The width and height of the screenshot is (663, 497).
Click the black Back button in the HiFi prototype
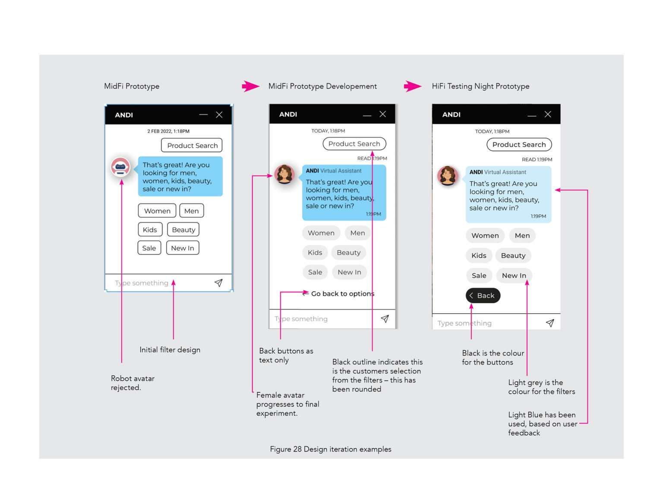coord(483,296)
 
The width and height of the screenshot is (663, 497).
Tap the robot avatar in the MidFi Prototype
coord(120,167)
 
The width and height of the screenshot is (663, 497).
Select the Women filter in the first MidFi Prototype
coord(157,211)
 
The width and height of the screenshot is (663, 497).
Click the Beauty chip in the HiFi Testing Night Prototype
coord(513,255)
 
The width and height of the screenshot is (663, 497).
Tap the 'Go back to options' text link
coord(342,294)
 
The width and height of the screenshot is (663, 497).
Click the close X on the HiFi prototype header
coord(548,114)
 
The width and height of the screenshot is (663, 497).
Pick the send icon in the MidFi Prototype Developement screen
coord(385,319)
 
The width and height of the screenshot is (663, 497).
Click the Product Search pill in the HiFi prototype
coord(519,145)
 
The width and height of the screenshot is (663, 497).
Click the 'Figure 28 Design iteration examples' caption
coord(331,449)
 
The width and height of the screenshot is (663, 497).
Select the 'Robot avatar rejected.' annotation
coord(133,383)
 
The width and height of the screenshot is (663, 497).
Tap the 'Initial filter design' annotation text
coord(170,350)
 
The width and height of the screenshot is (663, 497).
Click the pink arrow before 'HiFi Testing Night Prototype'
coord(412,86)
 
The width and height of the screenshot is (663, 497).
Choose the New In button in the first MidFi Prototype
coord(182,248)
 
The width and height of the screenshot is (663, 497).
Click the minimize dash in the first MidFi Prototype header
coord(203,115)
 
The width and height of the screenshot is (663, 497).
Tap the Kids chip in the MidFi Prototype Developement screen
coord(315,252)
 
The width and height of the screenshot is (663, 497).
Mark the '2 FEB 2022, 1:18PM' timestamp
coord(168,131)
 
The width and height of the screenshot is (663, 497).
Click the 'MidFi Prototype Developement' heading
coord(322,86)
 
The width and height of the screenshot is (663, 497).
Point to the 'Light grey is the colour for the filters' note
coord(541,387)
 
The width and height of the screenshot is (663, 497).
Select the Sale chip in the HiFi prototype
coord(479,276)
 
